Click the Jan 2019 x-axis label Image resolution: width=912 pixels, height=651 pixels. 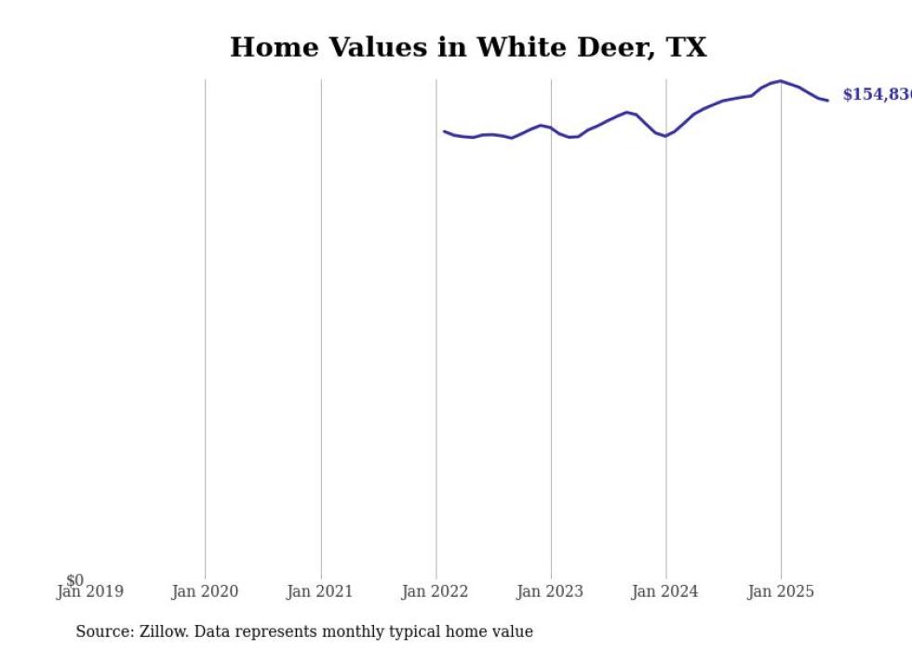(90, 591)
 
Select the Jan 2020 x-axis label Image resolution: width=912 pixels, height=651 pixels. (205, 591)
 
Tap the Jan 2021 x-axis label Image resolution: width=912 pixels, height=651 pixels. (320, 591)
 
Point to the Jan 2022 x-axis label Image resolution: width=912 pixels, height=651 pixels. (436, 591)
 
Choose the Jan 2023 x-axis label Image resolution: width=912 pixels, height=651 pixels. (550, 591)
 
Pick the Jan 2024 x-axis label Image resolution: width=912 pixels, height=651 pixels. (664, 591)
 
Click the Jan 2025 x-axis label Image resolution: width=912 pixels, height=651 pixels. (780, 591)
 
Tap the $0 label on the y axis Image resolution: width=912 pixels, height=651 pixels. (74, 580)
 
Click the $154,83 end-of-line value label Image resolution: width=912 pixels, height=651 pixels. (876, 95)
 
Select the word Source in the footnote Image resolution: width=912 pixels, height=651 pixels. (103, 631)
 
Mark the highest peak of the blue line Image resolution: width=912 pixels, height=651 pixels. (780, 81)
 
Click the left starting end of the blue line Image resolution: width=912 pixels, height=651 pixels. (445, 131)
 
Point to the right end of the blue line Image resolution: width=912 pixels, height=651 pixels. (827, 100)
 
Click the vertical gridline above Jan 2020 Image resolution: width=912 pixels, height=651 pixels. (206, 326)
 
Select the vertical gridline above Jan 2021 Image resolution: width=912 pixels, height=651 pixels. (321, 326)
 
